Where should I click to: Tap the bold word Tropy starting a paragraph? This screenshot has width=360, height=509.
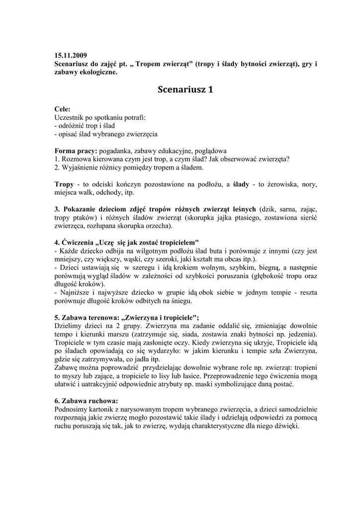point(64,184)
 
